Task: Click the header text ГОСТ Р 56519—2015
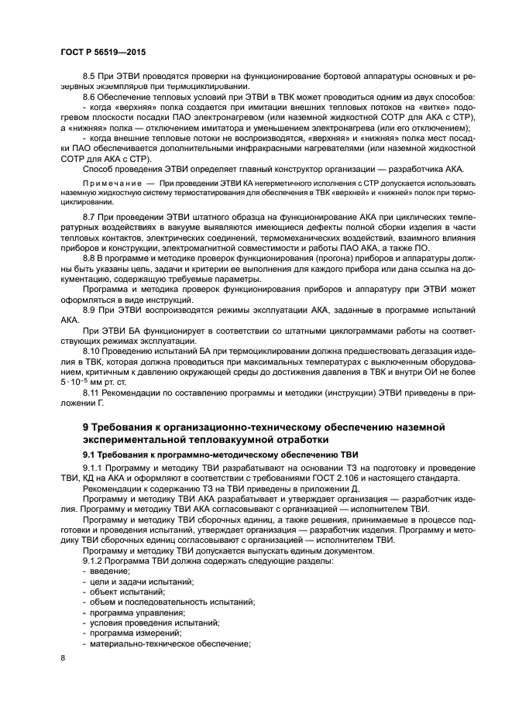pos(103,52)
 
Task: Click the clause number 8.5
pos(89,77)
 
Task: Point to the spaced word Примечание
pos(108,180)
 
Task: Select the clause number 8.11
pos(91,395)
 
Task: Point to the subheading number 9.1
pos(90,455)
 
